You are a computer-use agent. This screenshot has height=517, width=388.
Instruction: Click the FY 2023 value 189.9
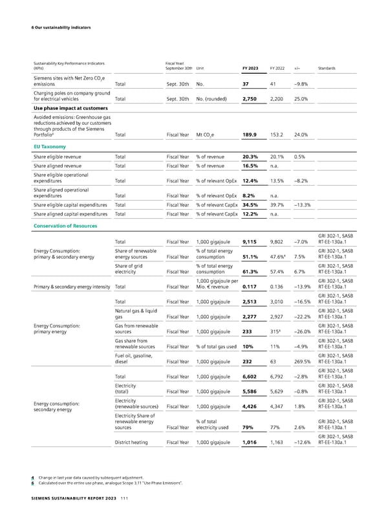(250, 135)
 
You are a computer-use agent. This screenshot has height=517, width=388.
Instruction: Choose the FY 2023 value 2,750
(250, 99)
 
